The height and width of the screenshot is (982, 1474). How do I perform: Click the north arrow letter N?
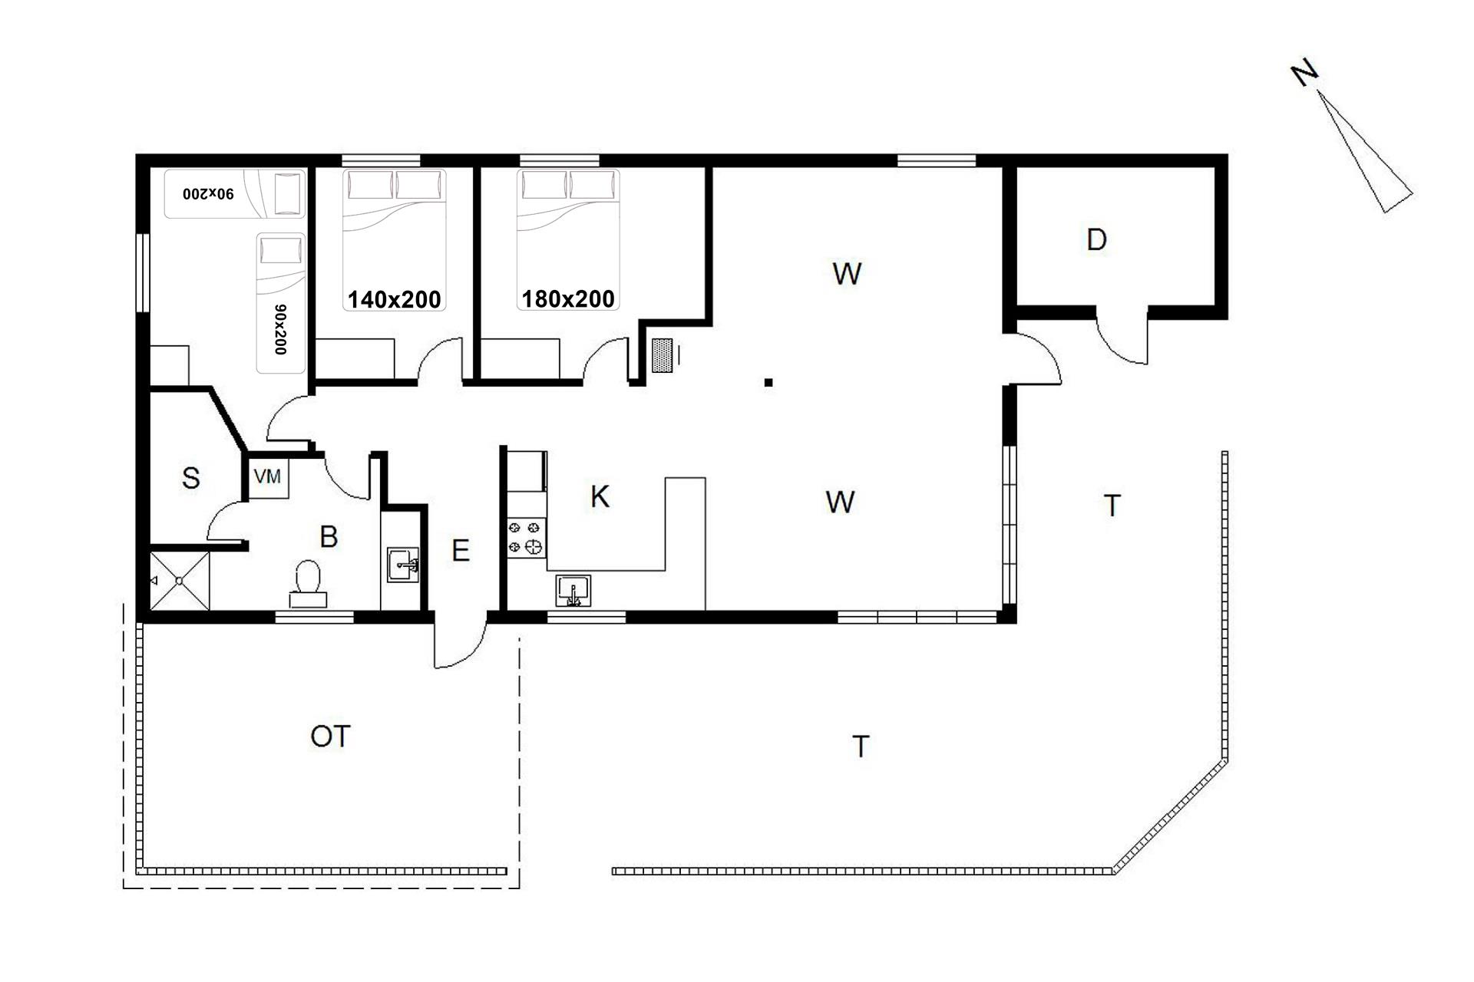1304,74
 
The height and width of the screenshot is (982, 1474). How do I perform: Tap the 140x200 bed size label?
395,299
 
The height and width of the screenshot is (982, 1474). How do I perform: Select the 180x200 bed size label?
568,298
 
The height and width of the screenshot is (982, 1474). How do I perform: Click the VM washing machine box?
268,476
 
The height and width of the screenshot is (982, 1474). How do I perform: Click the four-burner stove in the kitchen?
526,537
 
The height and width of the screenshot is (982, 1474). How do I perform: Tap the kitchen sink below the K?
573,591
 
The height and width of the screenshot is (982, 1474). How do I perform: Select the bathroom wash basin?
402,565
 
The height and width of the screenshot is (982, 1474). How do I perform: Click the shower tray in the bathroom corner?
178,581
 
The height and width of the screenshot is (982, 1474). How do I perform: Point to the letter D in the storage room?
1096,240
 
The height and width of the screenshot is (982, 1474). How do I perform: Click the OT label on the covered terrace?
330,736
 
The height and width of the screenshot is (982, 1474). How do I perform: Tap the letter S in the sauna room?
190,478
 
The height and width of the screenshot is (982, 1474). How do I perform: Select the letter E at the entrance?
460,551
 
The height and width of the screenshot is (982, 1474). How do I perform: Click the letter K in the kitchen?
600,497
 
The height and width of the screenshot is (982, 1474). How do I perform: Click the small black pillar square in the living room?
768,382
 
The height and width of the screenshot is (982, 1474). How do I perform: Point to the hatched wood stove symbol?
662,355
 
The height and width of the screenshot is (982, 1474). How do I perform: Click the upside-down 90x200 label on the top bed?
208,193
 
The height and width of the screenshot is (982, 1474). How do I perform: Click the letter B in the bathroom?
329,536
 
